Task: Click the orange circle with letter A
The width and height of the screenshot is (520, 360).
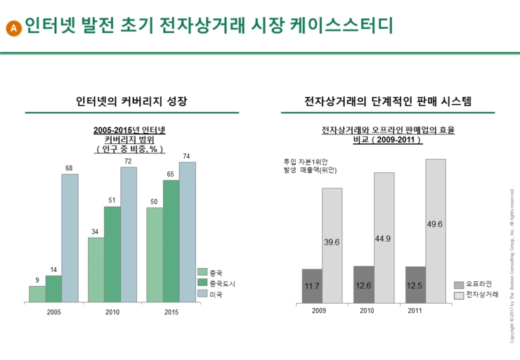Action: click(x=13, y=27)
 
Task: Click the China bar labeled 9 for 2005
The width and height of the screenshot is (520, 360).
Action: click(x=37, y=294)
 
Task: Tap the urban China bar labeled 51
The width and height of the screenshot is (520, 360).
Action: click(x=112, y=254)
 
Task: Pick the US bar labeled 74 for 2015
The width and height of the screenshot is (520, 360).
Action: click(x=187, y=232)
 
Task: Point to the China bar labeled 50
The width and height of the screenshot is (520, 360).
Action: click(x=155, y=255)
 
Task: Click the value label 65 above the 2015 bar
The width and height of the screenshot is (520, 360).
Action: click(x=171, y=174)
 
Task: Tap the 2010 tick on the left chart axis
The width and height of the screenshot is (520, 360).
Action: click(x=112, y=311)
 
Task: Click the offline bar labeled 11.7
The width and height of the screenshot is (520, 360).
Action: click(x=312, y=285)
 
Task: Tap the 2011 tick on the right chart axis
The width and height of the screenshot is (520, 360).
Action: click(x=415, y=311)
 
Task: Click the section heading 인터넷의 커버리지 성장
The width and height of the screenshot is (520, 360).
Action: click(x=132, y=101)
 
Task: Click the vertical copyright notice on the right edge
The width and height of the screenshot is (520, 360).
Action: click(x=512, y=266)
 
